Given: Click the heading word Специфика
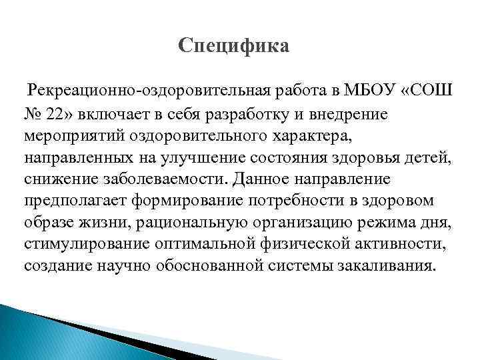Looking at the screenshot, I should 234,47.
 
